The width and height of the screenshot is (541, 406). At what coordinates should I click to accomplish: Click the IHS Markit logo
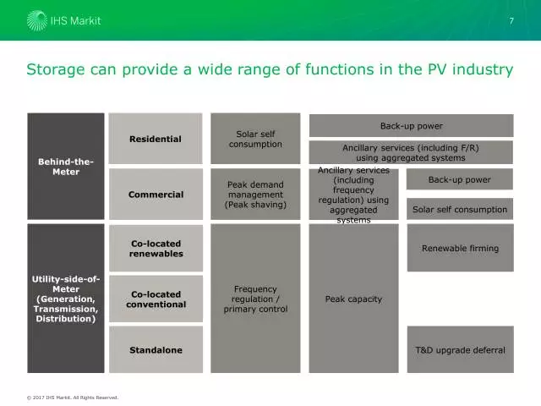point(63,19)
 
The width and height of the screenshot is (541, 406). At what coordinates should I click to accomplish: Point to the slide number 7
point(511,20)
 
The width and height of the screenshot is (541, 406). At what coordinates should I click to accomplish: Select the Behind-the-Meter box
point(66,166)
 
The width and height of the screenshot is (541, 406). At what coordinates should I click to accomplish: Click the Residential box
point(156,139)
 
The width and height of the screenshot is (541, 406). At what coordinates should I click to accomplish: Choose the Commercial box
point(156,195)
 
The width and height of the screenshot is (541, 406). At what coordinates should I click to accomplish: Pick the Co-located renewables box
point(156,248)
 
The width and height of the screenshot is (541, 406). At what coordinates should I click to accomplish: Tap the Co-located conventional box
point(156,299)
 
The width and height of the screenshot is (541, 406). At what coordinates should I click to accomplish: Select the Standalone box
point(156,349)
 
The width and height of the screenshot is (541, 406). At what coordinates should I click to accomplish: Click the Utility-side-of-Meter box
point(66,299)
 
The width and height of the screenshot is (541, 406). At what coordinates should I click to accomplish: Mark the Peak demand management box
point(255,195)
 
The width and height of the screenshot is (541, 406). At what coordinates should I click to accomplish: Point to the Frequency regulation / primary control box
point(255,299)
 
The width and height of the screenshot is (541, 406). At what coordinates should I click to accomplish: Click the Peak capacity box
point(353,299)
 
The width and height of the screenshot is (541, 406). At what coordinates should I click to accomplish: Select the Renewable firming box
point(460,248)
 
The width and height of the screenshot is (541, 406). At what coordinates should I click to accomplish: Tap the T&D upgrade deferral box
point(460,349)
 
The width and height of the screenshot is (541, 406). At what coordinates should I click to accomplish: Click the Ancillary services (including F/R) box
point(411,152)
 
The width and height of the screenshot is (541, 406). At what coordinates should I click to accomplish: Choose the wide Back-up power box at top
point(411,126)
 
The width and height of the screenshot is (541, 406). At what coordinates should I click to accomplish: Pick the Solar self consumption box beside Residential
point(255,139)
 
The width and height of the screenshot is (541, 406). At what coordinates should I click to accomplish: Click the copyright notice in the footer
point(72,397)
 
